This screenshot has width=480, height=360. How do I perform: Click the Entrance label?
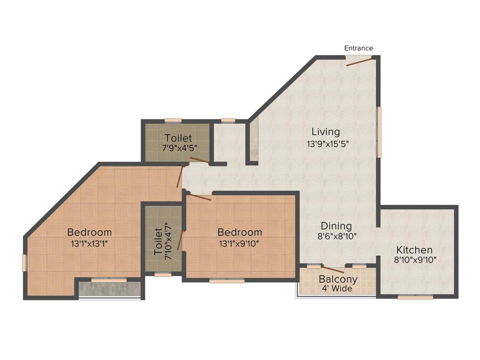pos(359,48)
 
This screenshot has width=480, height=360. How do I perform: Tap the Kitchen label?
pos(414,250)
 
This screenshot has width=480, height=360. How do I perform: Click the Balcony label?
pos(338,279)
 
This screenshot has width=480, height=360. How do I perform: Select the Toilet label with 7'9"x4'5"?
pos(178,138)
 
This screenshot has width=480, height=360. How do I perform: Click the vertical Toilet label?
pos(158,241)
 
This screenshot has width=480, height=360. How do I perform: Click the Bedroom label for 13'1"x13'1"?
pos(90,232)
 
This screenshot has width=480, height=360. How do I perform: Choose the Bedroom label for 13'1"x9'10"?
pos(240,232)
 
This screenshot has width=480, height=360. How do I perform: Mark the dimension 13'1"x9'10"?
pos(240,244)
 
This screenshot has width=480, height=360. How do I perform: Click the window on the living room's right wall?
pos(379,132)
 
